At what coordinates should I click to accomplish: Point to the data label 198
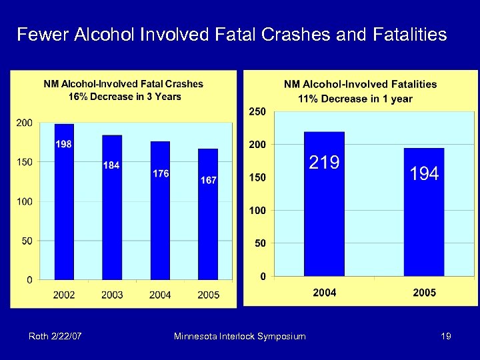(64, 144)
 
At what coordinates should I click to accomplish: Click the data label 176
(161, 173)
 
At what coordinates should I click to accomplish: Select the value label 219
(324, 162)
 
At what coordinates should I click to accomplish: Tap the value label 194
(424, 174)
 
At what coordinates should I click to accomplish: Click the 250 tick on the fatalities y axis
(257, 111)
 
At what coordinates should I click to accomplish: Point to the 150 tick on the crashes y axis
(24, 162)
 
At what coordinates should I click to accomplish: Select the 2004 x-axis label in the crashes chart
(161, 295)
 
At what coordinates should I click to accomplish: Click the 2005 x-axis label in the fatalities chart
(424, 293)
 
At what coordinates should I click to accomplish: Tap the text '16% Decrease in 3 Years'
(125, 97)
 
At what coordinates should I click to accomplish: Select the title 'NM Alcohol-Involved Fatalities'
(361, 84)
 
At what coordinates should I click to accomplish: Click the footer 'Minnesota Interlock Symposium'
(239, 337)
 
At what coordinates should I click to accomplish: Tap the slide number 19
(446, 337)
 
